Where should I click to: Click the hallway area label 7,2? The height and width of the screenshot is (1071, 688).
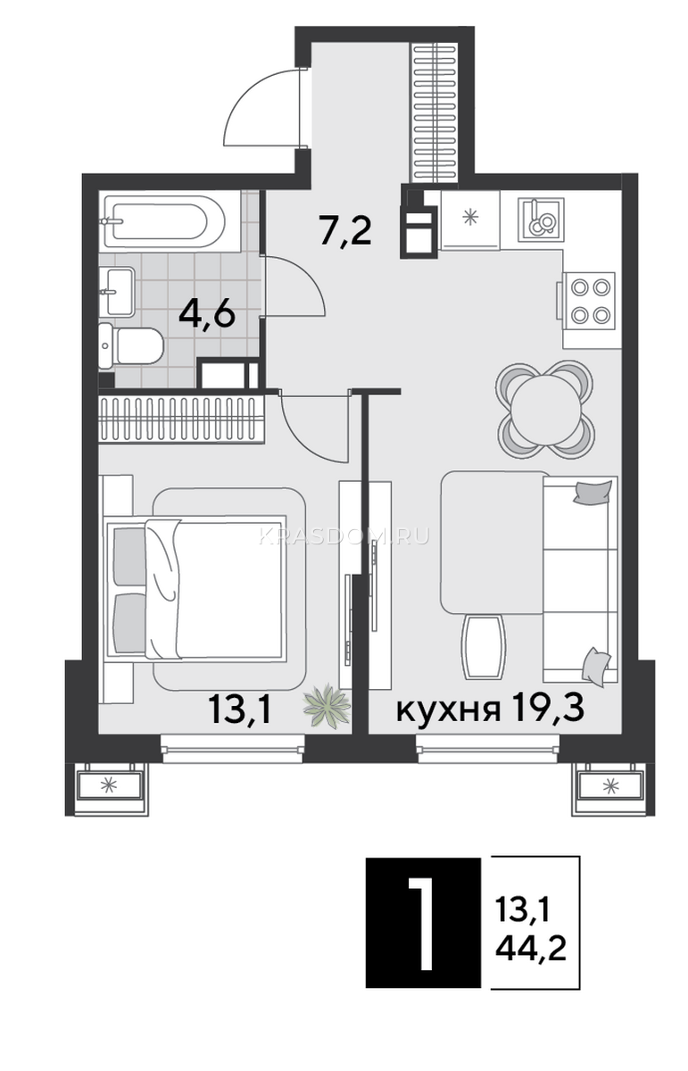pos(346,231)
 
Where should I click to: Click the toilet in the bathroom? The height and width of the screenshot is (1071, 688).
pos(131,346)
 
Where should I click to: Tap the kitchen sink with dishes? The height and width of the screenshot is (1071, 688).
pos(540,220)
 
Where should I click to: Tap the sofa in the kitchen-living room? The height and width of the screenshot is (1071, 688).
pos(579,578)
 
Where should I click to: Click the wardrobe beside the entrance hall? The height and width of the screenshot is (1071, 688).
pos(435,112)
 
